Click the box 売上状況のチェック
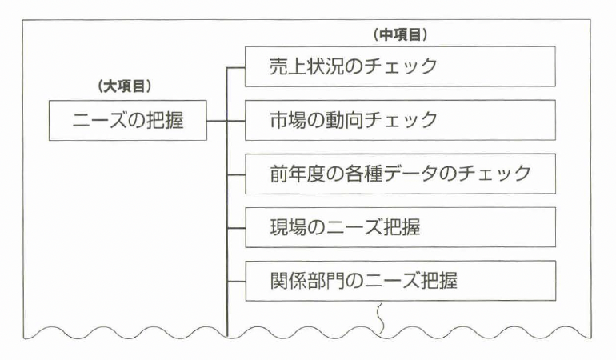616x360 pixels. click(399, 67)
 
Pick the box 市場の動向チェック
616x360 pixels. click(399, 120)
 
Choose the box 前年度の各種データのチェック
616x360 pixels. click(399, 173)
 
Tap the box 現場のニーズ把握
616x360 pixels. click(399, 226)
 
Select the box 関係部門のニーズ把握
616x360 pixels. click(399, 281)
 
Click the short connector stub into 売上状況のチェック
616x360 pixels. click(237, 67)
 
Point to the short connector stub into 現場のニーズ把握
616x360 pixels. click(237, 226)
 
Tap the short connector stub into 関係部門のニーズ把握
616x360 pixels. click(237, 281)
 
